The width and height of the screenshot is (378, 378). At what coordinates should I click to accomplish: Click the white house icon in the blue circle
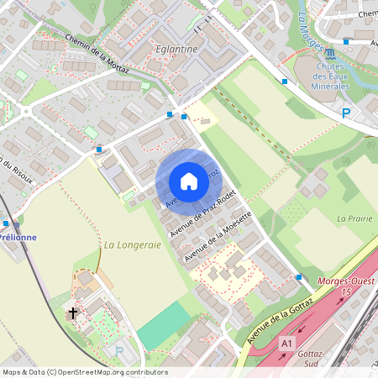tap(189, 181)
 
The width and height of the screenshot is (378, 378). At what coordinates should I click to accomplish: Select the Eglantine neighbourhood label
tap(176, 49)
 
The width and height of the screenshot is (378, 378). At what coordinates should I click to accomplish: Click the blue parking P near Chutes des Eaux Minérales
tap(345, 113)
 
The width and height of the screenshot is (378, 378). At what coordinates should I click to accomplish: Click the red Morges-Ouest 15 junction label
tap(345, 285)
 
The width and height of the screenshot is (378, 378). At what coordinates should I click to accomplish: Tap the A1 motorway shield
tap(287, 344)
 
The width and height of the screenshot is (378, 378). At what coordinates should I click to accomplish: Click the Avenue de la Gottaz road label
tap(281, 318)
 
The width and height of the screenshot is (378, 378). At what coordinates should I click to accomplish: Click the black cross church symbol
tap(73, 313)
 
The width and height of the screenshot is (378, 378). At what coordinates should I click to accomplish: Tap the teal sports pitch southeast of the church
tap(165, 325)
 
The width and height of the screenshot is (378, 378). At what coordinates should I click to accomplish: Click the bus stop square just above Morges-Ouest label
tap(299, 276)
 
